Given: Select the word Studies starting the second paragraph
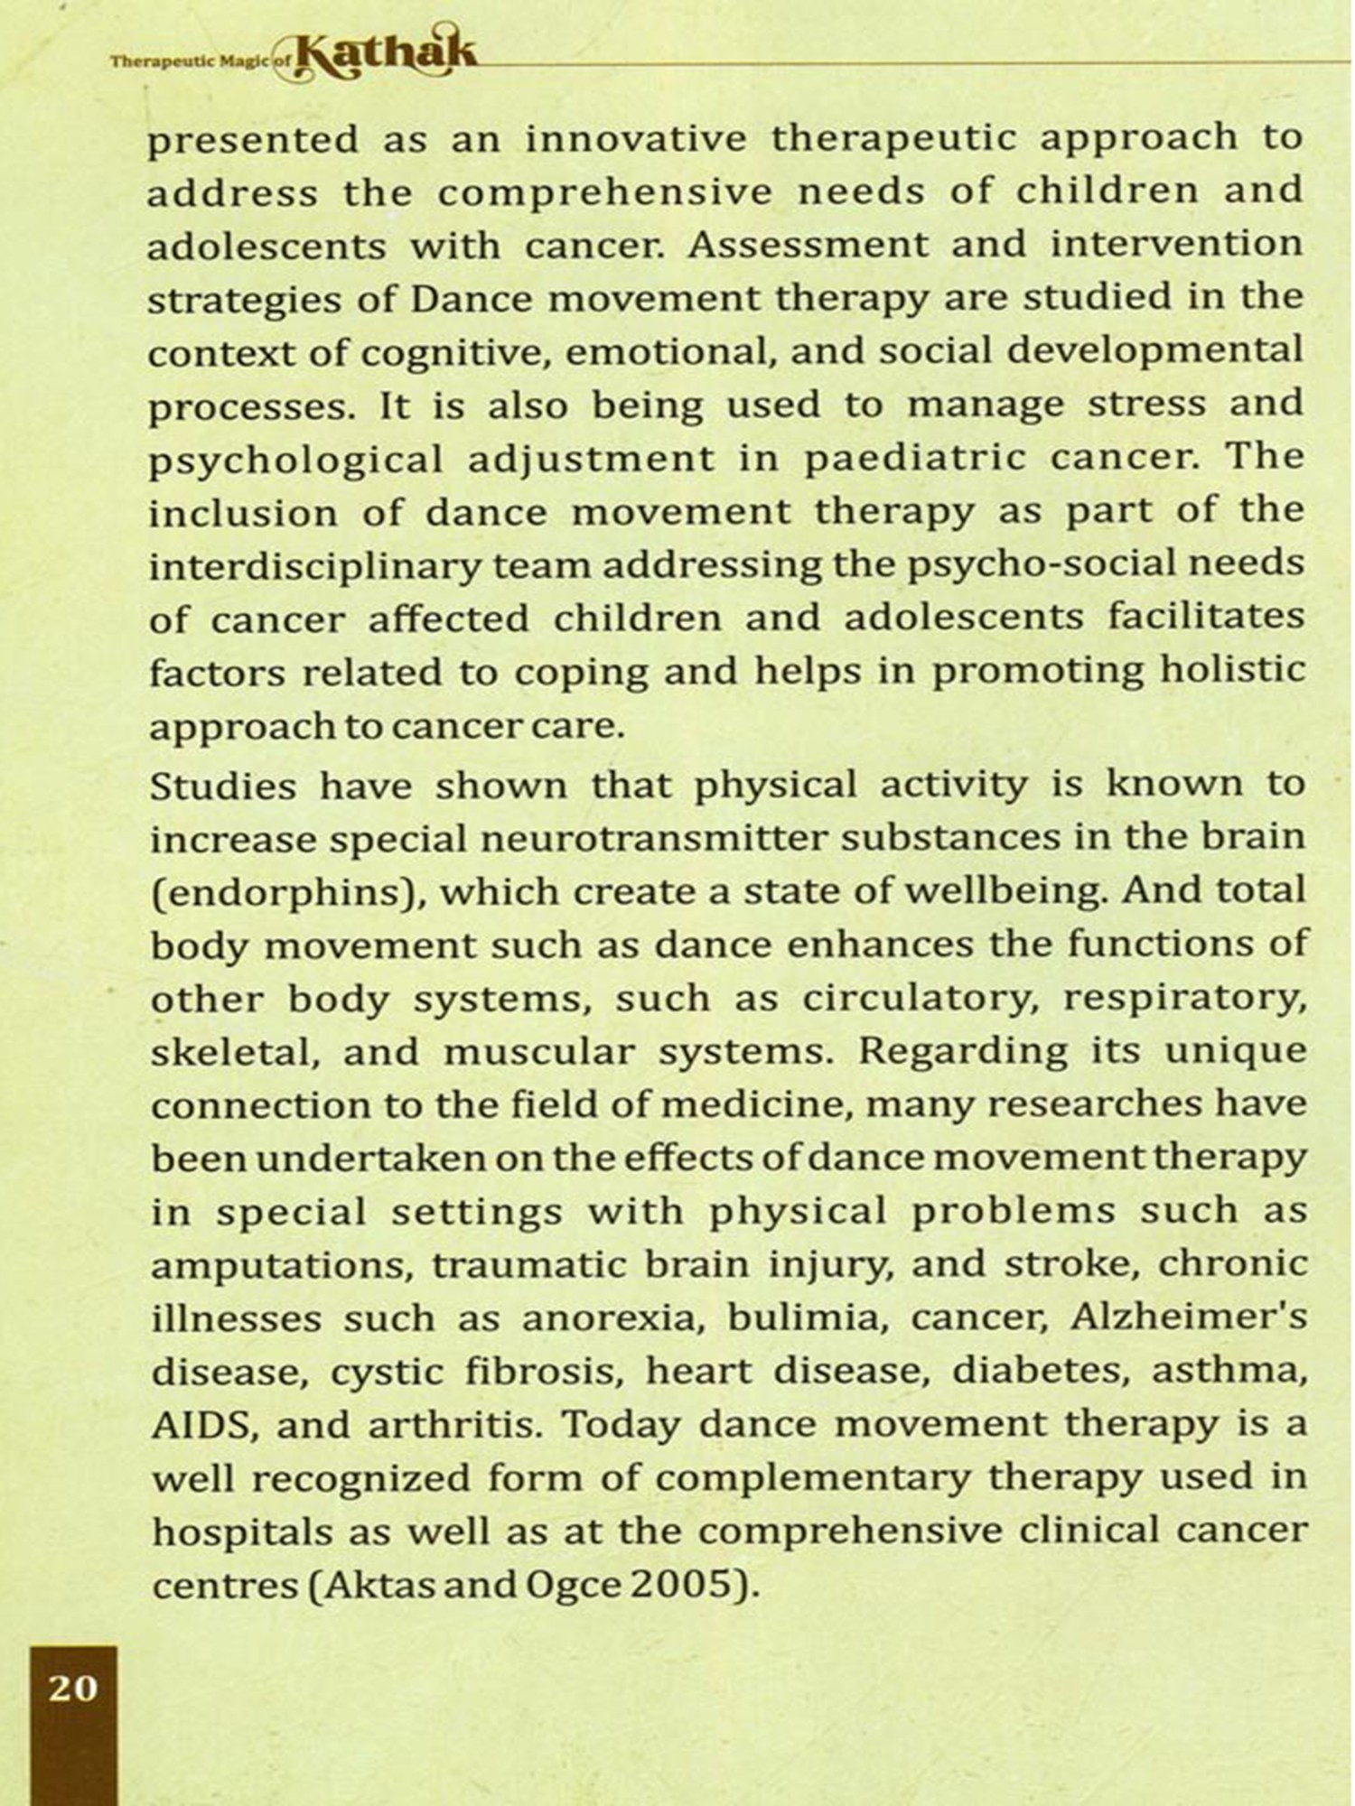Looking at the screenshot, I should tap(223, 787).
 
